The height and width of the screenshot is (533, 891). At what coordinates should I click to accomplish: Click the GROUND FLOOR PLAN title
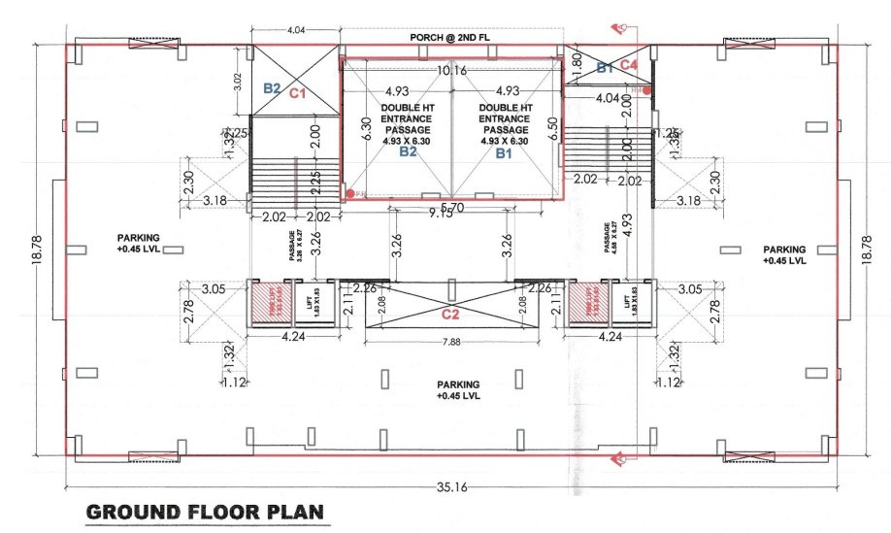204,511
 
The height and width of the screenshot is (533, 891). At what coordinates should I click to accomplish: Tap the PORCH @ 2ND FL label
450,36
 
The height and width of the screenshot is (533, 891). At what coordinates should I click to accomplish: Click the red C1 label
298,94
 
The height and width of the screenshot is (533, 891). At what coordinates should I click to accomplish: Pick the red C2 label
449,314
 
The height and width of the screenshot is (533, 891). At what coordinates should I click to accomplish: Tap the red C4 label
628,65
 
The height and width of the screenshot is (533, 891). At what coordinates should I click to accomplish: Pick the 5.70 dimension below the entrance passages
451,207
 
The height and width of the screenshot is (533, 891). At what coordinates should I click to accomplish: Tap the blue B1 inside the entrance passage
503,152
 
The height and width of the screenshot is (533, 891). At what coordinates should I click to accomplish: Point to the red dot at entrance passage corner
350,194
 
